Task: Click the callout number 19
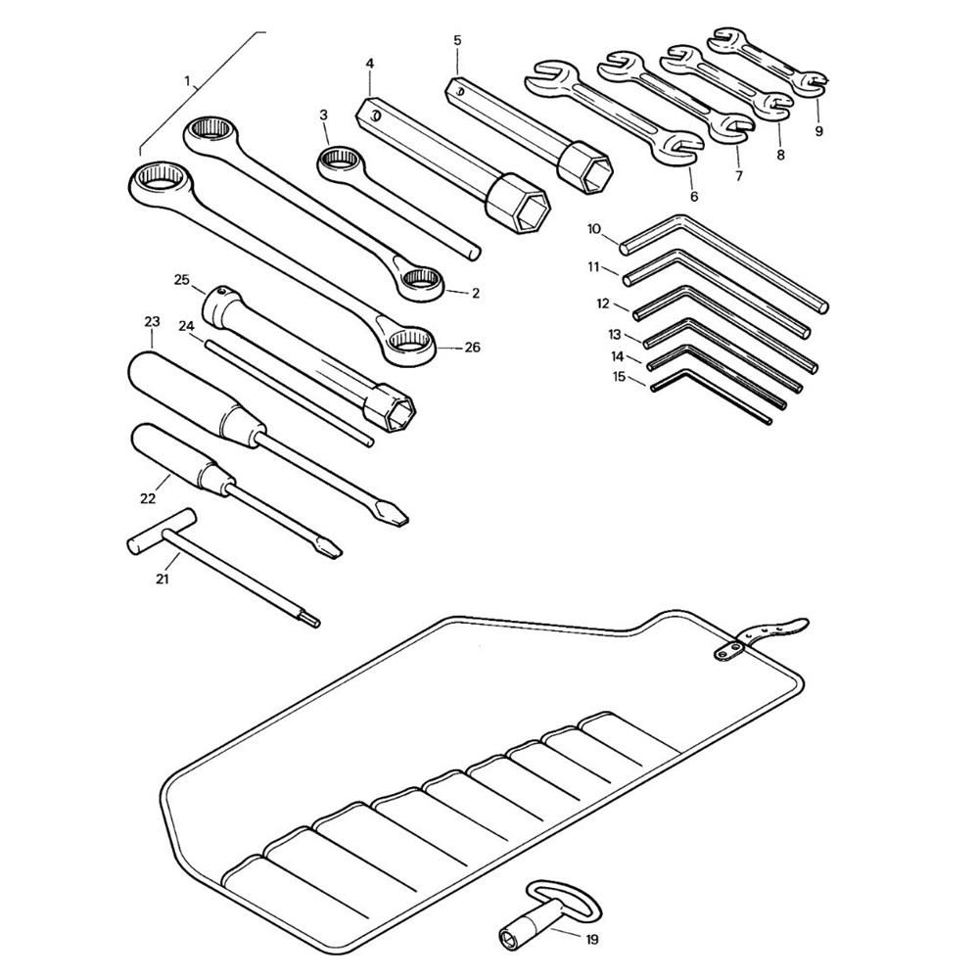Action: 592,939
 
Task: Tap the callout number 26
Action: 473,347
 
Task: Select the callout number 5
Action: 457,40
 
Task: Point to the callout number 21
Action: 163,579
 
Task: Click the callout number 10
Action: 594,229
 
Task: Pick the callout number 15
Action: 619,377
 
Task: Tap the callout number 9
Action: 819,131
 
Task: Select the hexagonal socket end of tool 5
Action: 585,167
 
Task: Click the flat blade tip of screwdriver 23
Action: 391,515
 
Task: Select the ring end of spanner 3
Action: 340,163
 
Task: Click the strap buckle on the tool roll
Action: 729,651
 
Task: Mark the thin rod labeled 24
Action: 289,393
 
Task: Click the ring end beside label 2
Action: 420,284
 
